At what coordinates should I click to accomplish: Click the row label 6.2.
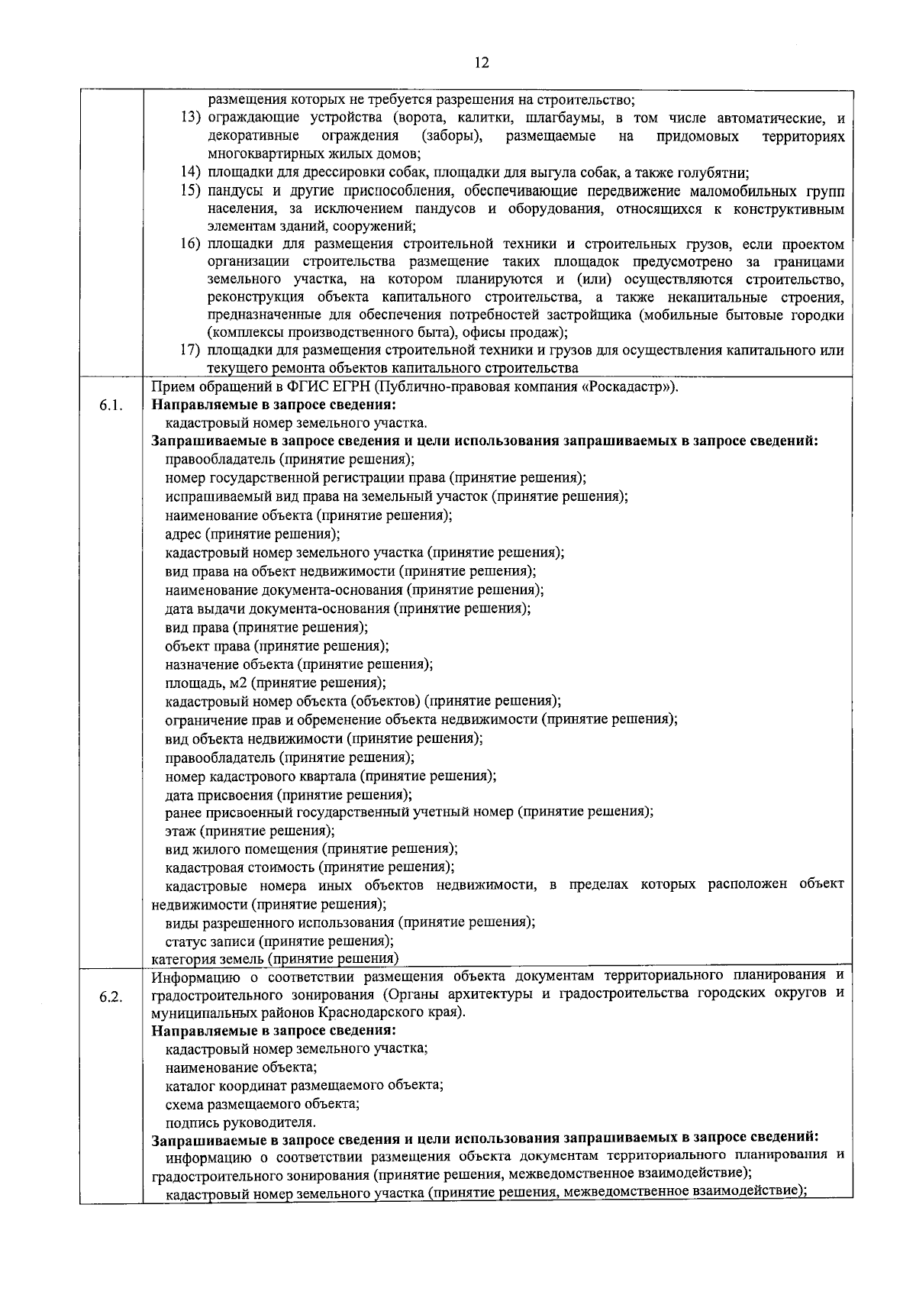click(111, 996)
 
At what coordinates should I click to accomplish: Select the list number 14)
click(191, 173)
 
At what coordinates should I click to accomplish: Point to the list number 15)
click(191, 191)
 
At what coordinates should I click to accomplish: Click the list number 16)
click(191, 244)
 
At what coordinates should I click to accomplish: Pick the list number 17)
click(191, 350)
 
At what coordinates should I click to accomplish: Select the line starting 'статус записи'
click(279, 941)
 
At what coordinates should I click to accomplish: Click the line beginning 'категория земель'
click(275, 959)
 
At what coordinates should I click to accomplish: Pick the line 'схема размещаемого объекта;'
click(263, 1104)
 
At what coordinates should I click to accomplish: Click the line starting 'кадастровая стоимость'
click(310, 867)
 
